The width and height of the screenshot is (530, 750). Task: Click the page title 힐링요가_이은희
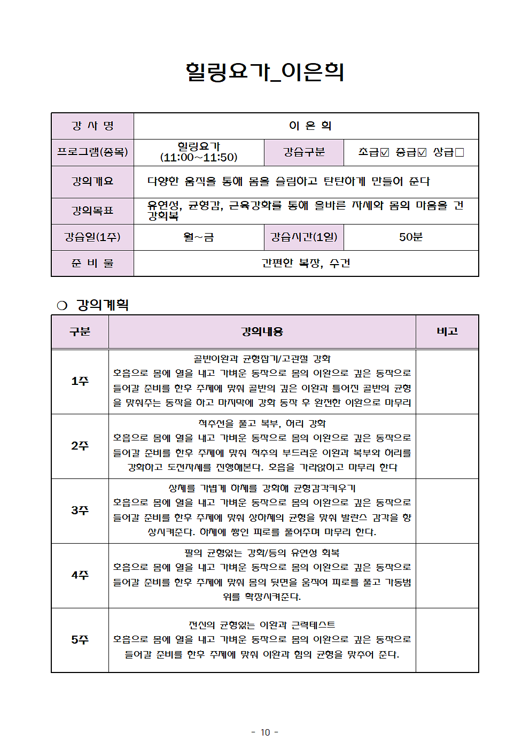[264, 72]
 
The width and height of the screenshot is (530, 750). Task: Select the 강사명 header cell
[92, 126]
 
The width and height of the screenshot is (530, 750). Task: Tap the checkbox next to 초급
[385, 152]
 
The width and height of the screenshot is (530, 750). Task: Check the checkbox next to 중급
[422, 152]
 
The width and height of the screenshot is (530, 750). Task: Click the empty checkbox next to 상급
[459, 152]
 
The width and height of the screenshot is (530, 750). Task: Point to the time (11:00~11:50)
[199, 158]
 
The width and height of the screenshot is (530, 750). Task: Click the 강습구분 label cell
[303, 152]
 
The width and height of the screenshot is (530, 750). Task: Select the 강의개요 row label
[92, 181]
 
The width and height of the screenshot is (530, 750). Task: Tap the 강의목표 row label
[92, 211]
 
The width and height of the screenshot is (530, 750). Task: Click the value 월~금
[199, 237]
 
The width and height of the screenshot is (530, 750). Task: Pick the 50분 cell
[410, 237]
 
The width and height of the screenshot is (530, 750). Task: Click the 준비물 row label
[92, 263]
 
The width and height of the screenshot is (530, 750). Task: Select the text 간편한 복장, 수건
[306, 263]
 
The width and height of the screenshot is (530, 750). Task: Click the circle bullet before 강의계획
[62, 305]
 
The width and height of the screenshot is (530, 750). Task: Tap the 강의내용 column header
[262, 331]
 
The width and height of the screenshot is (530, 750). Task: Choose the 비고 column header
[447, 331]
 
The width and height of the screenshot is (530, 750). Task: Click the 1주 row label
[80, 381]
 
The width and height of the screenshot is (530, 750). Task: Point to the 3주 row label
[80, 511]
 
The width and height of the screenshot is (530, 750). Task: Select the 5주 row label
[80, 640]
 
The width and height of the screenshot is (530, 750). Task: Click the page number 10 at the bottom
[265, 732]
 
